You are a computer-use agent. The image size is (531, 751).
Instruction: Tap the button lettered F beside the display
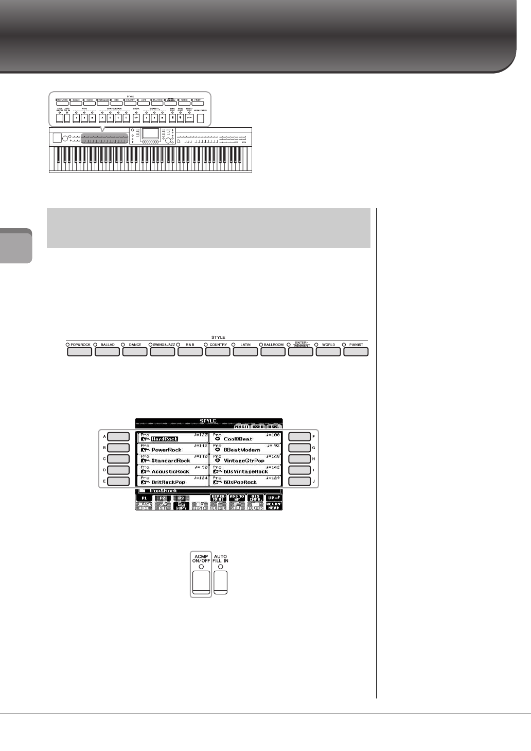click(299, 437)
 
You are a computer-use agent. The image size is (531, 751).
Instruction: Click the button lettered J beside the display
click(299, 482)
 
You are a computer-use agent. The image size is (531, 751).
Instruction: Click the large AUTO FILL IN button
click(221, 582)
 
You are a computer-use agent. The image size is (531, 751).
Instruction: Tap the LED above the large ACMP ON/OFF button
click(201, 567)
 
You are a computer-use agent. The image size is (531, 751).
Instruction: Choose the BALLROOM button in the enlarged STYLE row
click(273, 352)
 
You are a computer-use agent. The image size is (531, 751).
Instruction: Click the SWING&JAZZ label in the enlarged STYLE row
click(163, 345)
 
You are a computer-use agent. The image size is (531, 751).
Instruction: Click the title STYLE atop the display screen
click(208, 421)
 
